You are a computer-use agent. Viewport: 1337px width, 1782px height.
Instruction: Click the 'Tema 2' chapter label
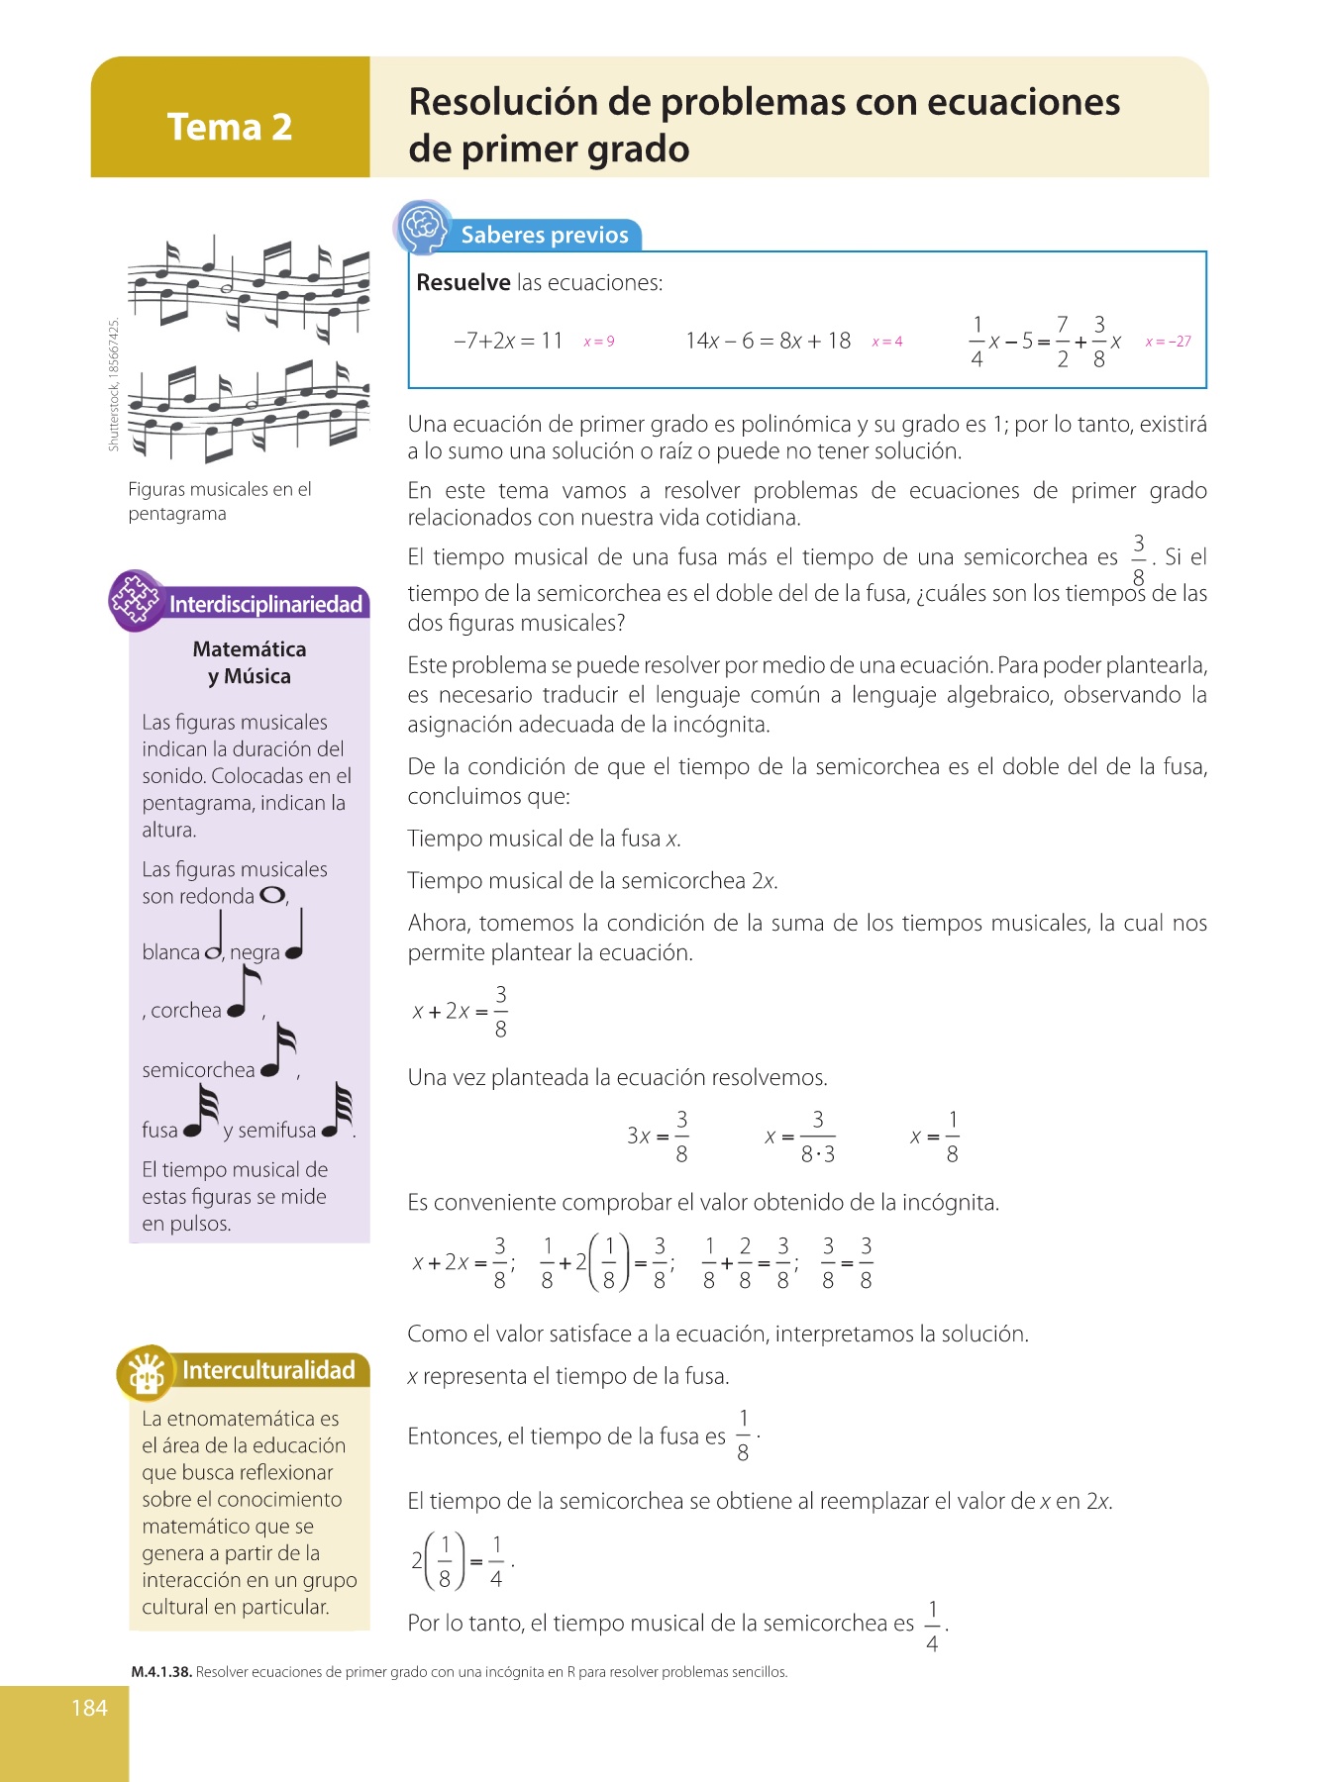[230, 127]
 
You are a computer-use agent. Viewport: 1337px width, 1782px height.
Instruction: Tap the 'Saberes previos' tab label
[545, 235]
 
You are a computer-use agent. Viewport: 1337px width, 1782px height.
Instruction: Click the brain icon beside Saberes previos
[423, 227]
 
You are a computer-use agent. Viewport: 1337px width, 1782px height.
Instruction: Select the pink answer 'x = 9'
[599, 342]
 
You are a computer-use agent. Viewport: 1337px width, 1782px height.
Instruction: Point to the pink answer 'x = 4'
[886, 342]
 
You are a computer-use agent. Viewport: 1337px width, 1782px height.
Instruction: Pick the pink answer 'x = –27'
[1168, 342]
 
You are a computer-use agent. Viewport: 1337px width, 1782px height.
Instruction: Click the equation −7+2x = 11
[508, 341]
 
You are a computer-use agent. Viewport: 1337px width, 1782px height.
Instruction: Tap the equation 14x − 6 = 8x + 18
[768, 341]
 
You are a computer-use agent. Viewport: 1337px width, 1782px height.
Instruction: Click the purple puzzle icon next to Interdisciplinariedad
[136, 599]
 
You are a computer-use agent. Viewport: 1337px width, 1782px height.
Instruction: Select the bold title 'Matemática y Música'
[250, 662]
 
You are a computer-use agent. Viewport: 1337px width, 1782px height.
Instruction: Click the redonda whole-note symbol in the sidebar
[272, 895]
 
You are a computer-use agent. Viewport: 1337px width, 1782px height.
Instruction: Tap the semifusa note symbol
[339, 1111]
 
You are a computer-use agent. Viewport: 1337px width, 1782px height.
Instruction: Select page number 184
[89, 1707]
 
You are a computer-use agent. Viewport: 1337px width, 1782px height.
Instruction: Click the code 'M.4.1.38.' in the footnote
[161, 1672]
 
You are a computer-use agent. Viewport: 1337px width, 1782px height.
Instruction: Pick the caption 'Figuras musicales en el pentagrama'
[220, 501]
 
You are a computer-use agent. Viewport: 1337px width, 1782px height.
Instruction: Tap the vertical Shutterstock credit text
[114, 384]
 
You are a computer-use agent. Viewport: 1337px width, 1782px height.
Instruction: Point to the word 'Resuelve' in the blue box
[463, 282]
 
